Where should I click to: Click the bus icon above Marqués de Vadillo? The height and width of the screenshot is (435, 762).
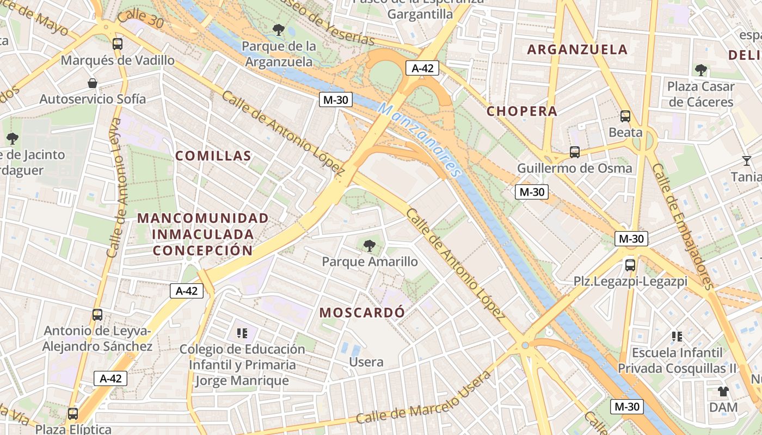tap(117, 44)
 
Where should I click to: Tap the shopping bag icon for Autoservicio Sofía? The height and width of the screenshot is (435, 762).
tap(93, 83)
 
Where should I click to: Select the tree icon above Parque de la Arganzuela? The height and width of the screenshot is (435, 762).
tap(279, 30)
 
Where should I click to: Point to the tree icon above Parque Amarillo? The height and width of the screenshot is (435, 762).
tap(370, 246)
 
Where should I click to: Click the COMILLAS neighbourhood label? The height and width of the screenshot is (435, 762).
tap(213, 156)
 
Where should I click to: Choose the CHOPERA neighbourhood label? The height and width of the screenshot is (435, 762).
tap(522, 111)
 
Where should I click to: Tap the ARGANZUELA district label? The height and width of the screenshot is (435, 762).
tap(577, 49)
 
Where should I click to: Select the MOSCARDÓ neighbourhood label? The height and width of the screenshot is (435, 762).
tap(362, 313)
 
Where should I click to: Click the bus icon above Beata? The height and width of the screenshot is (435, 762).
tap(625, 116)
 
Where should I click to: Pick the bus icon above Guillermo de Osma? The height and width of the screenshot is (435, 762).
tap(574, 152)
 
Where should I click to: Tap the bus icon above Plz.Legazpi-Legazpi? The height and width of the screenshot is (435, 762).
tap(630, 265)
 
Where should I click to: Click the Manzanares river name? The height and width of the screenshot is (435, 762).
tap(420, 140)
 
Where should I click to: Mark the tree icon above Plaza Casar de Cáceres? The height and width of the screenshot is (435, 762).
tap(701, 70)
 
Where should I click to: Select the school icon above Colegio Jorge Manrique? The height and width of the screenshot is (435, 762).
tap(242, 333)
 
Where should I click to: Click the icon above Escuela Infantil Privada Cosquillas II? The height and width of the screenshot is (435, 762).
tap(677, 337)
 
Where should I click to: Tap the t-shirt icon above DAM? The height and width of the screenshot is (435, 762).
tap(723, 391)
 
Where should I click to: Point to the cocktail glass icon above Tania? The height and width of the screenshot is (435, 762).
tap(746, 161)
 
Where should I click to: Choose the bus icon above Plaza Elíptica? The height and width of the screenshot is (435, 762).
tap(73, 414)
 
